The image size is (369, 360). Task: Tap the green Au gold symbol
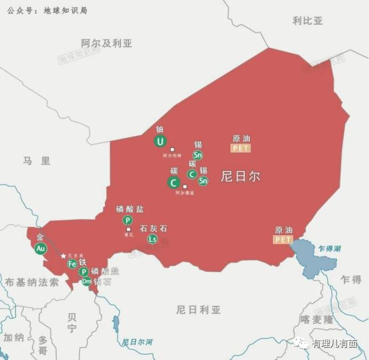pos(40,249)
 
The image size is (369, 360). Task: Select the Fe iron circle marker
pos(72,264)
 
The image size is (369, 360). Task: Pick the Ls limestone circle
pos(152,239)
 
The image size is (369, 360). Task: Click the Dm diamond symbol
pos(86,281)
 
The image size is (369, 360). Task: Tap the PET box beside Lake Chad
pos(283,240)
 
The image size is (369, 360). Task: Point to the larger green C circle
pos(174,183)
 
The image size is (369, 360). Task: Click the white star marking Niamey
pos(63,256)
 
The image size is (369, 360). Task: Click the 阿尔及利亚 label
pos(107,43)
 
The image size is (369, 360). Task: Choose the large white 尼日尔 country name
pos(241,176)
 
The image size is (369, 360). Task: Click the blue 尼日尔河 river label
pos(137,342)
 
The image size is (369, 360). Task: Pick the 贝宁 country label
pos(72,323)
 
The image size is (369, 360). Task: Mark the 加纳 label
pos(14,337)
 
